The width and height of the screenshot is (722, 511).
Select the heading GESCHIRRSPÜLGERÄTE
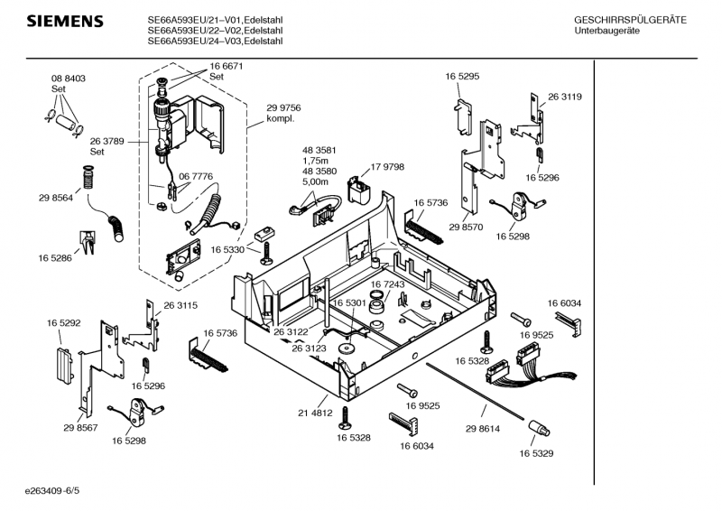point(630,20)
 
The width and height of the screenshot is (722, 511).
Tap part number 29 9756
point(283,107)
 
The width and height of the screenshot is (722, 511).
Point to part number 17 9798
point(387,167)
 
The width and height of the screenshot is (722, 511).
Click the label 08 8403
point(68,79)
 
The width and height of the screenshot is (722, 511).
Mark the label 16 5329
point(536,453)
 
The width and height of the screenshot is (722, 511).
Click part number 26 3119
point(564,97)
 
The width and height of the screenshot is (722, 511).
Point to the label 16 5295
point(461,78)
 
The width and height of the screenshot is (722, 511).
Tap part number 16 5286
point(55,258)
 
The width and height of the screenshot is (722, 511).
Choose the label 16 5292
point(64,321)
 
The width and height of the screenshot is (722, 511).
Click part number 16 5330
point(228,249)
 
